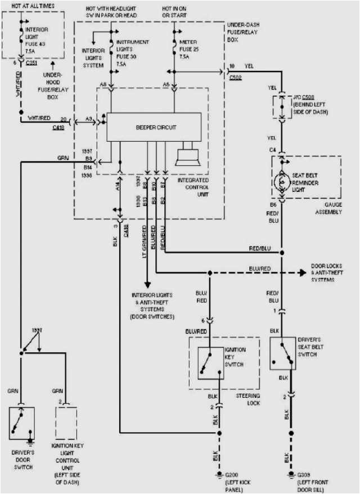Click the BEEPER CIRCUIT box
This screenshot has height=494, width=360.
(154, 127)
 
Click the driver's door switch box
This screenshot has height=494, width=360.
(21, 423)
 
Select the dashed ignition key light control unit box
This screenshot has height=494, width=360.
(66, 423)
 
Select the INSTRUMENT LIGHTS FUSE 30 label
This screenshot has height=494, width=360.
(132, 49)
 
